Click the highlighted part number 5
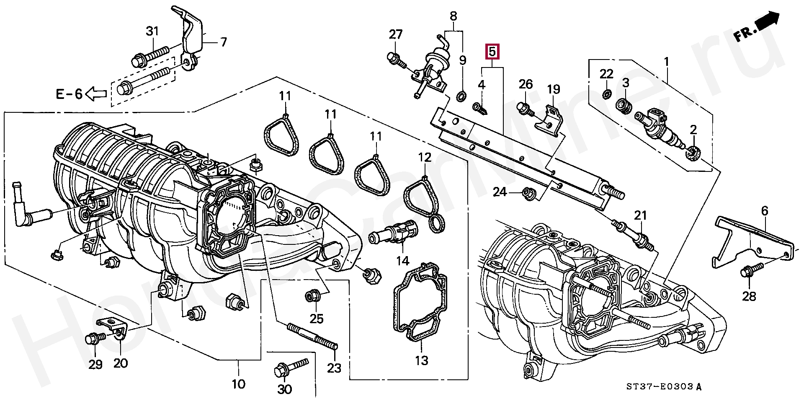point(492,52)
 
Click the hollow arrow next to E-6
point(96,94)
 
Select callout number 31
point(153,31)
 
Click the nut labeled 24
point(527,194)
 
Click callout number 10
point(238,384)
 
